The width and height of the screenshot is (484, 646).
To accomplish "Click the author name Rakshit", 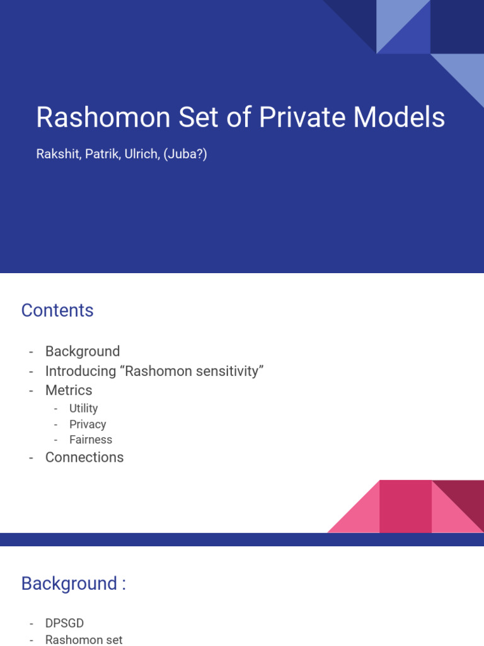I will (55, 153).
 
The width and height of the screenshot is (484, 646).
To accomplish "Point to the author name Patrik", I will (98, 153).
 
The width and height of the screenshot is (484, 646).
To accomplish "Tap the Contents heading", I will (57, 310).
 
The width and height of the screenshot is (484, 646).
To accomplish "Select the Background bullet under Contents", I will (83, 351).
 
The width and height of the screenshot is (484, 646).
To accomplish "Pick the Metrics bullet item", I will (69, 391).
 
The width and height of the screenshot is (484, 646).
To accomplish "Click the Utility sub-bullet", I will (84, 409).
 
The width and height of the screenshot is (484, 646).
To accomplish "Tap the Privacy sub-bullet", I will (88, 425).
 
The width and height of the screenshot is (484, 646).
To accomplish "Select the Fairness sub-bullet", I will (91, 440).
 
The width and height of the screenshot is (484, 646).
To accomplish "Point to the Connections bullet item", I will (84, 457).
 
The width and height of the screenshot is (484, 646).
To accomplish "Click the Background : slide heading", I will (74, 584).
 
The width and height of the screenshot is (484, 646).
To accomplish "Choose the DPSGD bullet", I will (64, 623).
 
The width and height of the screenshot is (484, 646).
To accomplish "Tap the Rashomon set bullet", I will (84, 640).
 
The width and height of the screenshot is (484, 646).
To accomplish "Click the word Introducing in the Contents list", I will (81, 371).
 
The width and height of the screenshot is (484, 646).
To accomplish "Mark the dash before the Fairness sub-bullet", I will (56, 440).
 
